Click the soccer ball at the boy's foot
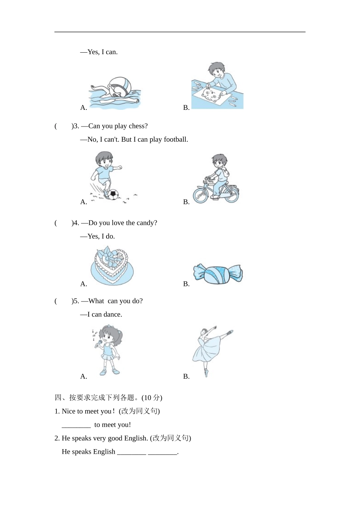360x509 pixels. tap(113, 195)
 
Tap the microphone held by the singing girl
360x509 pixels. tap(99, 343)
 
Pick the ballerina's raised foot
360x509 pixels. tap(230, 332)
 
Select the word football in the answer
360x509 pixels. tap(175, 139)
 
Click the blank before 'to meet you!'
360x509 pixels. tap(76, 425)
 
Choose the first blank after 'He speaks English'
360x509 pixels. tap(131, 452)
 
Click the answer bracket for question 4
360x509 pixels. tap(63, 223)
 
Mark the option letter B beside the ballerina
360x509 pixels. tap(186, 376)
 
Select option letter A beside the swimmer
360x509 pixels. tap(83, 108)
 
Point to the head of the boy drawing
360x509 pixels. tap(216, 70)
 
